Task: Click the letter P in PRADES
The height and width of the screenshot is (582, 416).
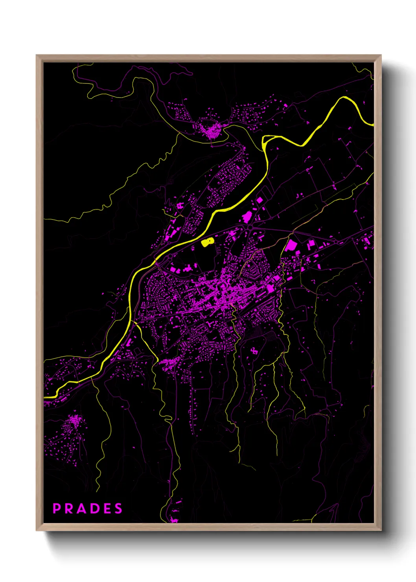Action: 57,508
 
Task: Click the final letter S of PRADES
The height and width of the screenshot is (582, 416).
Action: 118,508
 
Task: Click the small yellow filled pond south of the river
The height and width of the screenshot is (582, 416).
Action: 207,242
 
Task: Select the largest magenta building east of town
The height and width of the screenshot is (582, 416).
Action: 291,246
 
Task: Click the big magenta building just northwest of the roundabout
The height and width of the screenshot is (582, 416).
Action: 247,217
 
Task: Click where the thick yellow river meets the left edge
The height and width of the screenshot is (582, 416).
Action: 45,398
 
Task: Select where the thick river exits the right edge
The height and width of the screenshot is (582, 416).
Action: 372,125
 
